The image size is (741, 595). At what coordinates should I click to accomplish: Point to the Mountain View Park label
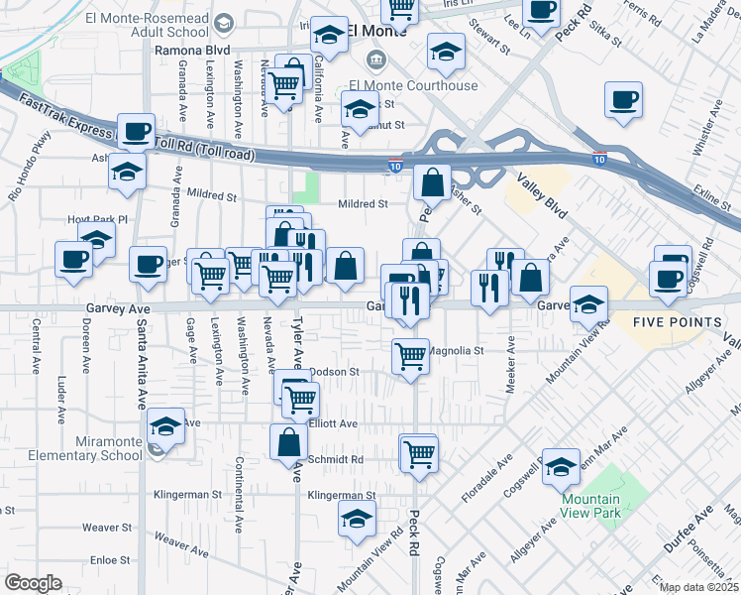pos(591,506)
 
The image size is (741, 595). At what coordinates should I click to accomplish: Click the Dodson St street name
pos(333,372)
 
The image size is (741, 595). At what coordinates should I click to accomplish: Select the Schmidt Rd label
pos(338,460)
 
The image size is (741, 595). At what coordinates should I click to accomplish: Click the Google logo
pos(34,583)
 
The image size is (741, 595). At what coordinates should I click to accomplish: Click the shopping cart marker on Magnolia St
pos(411,356)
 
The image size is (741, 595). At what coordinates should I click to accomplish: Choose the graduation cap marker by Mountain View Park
pos(561,467)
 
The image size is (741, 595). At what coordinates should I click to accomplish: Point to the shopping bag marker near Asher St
pos(433,183)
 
